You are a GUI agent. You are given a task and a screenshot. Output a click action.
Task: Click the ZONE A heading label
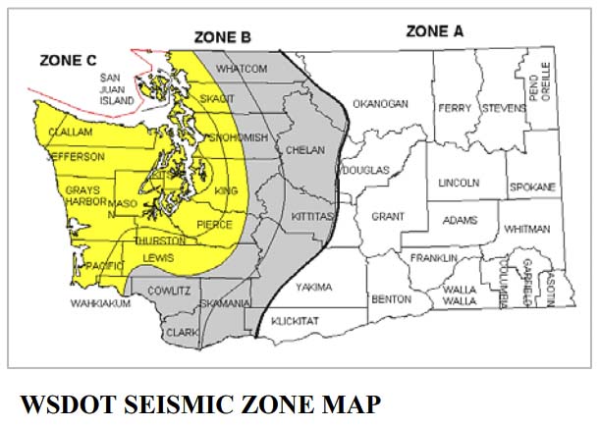(434, 31)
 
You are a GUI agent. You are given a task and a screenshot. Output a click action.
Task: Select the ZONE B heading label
(223, 37)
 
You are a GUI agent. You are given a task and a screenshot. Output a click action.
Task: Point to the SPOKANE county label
(532, 187)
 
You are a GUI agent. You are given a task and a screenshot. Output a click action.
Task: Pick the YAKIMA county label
(314, 288)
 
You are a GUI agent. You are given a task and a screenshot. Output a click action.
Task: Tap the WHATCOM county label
(241, 69)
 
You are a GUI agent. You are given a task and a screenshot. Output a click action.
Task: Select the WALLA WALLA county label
(460, 296)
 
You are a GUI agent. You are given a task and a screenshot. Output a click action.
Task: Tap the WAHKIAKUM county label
(100, 304)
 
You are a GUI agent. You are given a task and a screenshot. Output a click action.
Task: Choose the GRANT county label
(388, 216)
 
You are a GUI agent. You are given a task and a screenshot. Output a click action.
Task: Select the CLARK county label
(183, 333)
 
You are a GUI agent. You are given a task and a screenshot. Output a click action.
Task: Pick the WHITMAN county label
(527, 229)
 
